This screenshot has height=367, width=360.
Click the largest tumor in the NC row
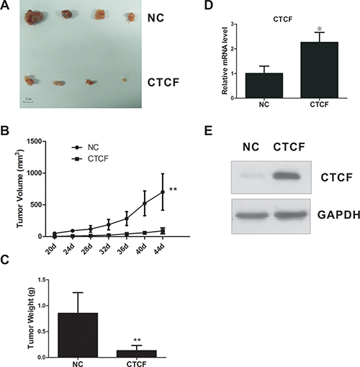[34, 17]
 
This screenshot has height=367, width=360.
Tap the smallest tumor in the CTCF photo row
[124, 80]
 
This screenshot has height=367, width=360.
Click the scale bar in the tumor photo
[28, 102]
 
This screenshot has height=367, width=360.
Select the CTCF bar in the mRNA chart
[319, 70]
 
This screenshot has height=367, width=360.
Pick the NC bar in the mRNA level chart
[264, 86]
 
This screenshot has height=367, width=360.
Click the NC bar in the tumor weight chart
[78, 335]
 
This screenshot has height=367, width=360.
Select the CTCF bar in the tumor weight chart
[137, 354]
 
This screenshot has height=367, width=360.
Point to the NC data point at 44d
[163, 192]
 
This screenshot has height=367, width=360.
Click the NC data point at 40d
[145, 204]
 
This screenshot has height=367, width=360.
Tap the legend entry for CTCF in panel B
[90, 159]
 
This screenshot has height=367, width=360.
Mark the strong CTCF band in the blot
[286, 176]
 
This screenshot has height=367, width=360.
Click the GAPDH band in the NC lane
[251, 215]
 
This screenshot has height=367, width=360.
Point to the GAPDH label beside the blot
[338, 215]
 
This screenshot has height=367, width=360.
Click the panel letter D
[209, 5]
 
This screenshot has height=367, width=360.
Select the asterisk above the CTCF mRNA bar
[320, 29]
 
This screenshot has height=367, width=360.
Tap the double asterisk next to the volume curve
[173, 189]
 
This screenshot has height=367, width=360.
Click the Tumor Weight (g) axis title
[31, 318]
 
